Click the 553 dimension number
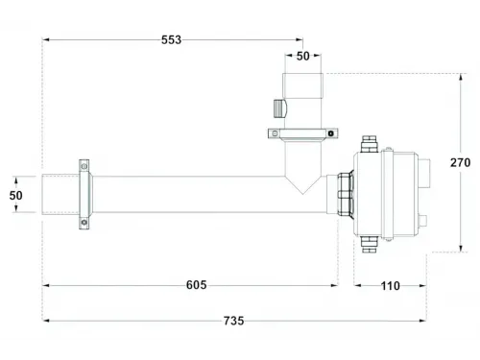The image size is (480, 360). pyautogui.click(x=169, y=39)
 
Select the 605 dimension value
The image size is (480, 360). pyautogui.click(x=196, y=285)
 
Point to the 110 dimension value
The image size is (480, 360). pyautogui.click(x=390, y=285)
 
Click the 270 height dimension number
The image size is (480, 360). pyautogui.click(x=461, y=163)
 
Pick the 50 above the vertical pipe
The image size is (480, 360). pyautogui.click(x=302, y=57)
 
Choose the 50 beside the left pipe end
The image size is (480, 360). pyautogui.click(x=16, y=195)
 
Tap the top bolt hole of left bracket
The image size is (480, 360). pyautogui.click(x=84, y=167)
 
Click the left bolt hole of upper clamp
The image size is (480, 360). pyautogui.click(x=273, y=133)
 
